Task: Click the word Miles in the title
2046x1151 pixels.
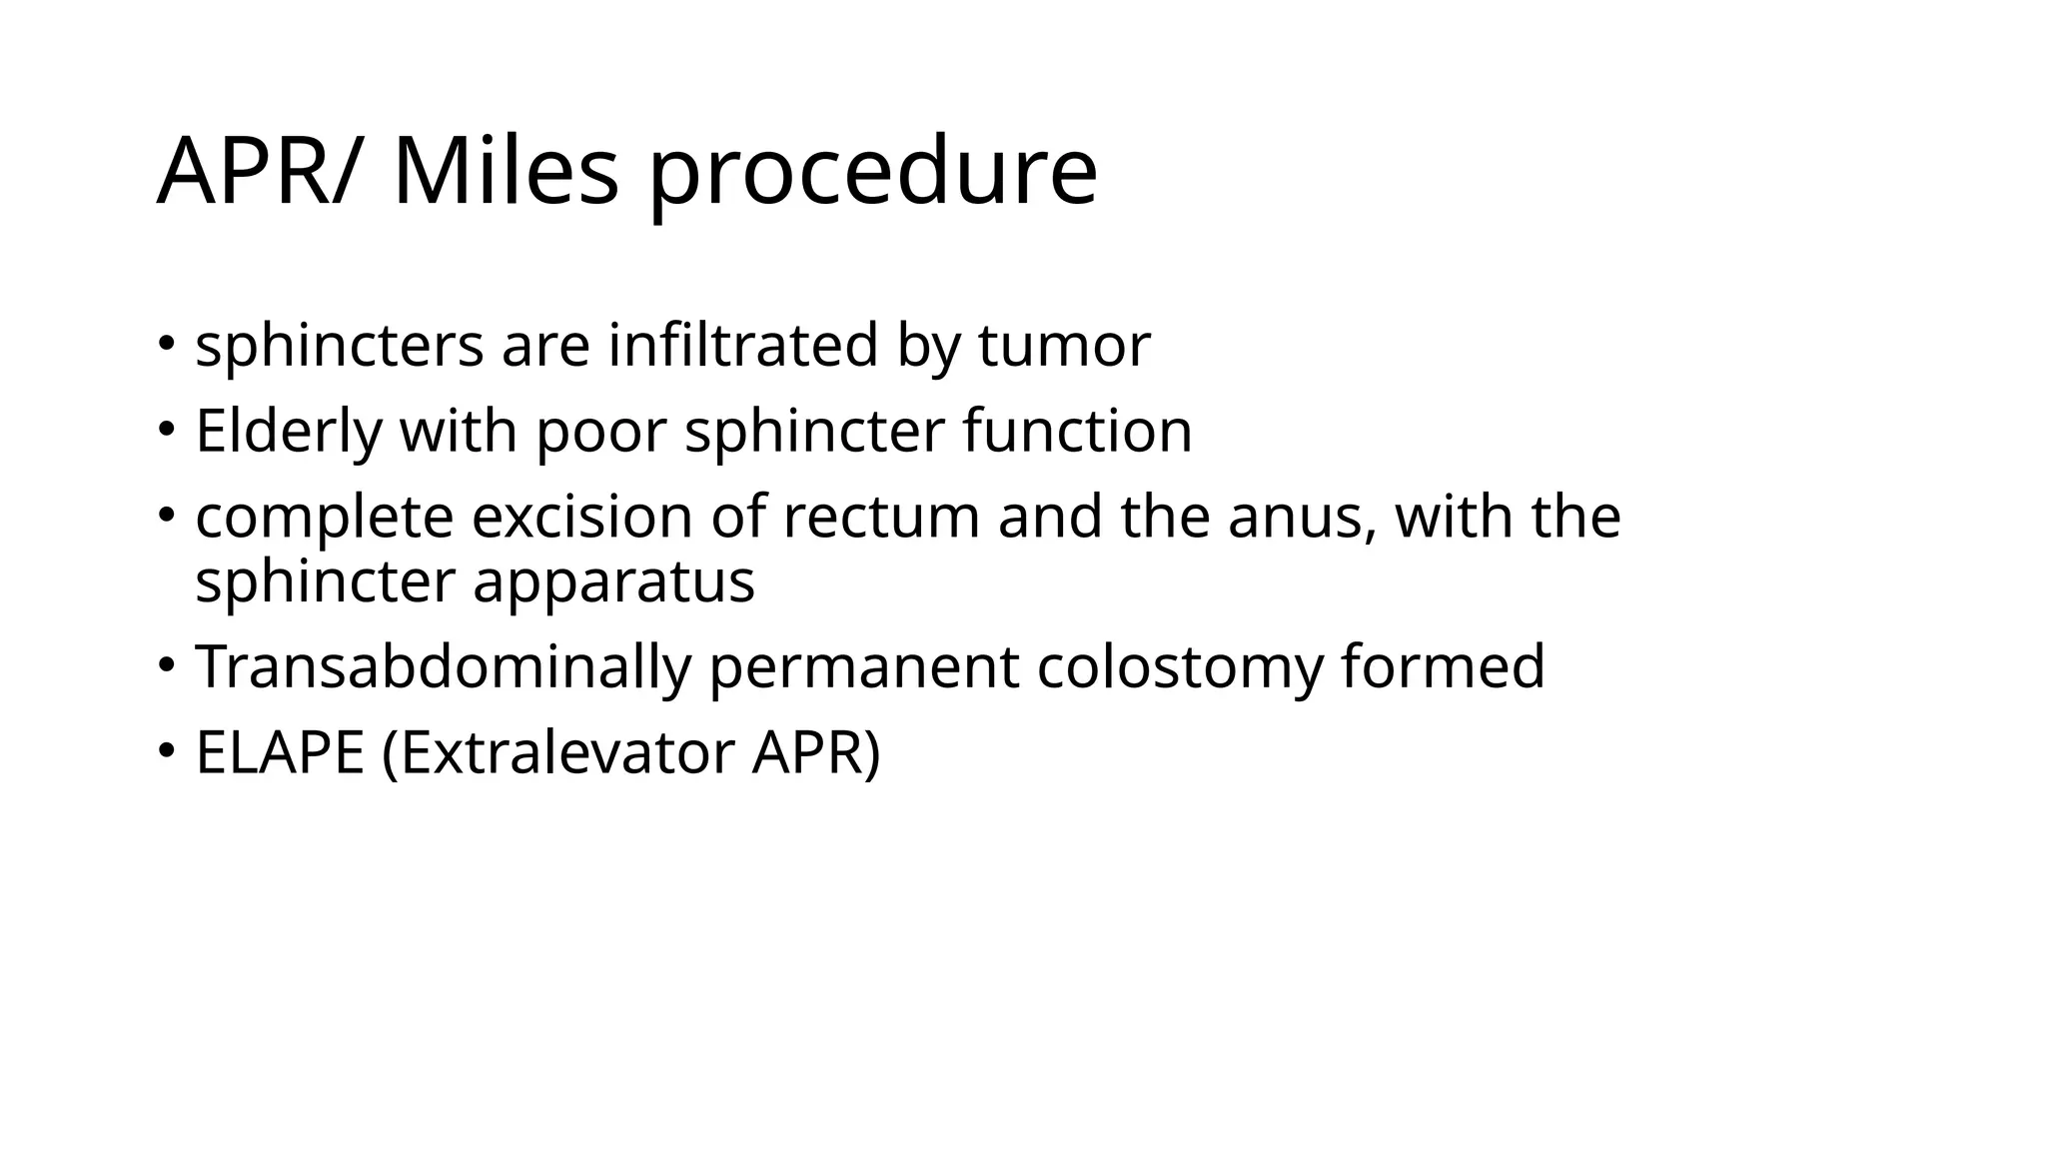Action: pyautogui.click(x=506, y=172)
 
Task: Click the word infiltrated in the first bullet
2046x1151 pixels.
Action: pyautogui.click(x=742, y=346)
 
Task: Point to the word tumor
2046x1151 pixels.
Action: pyautogui.click(x=1064, y=346)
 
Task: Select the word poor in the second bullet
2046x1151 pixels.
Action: pyautogui.click(x=600, y=432)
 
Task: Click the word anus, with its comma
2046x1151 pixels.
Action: pyautogui.click(x=1301, y=518)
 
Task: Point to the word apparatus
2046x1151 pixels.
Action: pyautogui.click(x=613, y=581)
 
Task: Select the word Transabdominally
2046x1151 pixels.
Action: pyautogui.click(x=443, y=667)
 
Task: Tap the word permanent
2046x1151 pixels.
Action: pyautogui.click(x=863, y=667)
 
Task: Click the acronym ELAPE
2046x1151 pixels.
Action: pyautogui.click(x=280, y=753)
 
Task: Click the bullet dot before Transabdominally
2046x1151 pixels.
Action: pyautogui.click(x=167, y=663)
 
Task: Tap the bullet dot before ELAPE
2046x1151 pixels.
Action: pyautogui.click(x=167, y=749)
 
